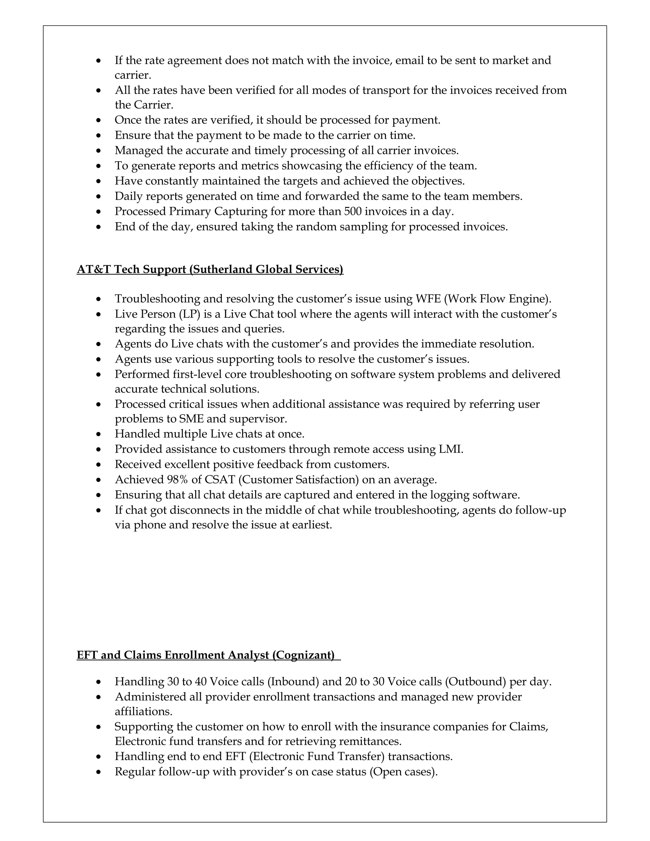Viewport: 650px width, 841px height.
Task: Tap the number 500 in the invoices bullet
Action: [353, 211]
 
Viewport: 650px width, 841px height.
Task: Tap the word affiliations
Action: [143, 712]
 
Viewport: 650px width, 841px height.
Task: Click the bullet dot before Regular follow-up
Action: [99, 772]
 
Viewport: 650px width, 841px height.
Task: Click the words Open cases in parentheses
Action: [403, 772]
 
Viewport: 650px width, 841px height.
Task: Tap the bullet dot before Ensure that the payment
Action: [99, 136]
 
